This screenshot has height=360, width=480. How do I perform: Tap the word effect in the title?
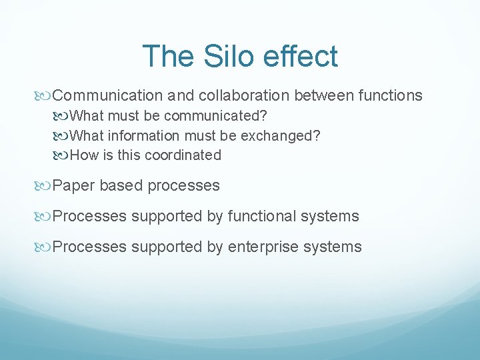pyautogui.click(x=299, y=56)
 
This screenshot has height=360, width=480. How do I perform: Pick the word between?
pyautogui.click(x=323, y=96)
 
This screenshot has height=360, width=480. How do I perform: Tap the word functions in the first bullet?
pyautogui.click(x=390, y=96)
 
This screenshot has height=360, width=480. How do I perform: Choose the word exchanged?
pyautogui.click(x=281, y=136)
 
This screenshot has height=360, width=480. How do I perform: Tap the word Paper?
pyautogui.click(x=74, y=186)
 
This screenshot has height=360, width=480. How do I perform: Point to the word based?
pyautogui.click(x=121, y=186)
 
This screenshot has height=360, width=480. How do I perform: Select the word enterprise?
pyautogui.click(x=263, y=247)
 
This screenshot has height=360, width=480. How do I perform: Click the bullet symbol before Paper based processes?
pyautogui.click(x=45, y=186)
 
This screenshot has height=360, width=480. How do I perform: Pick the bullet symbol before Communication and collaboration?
pyautogui.click(x=45, y=96)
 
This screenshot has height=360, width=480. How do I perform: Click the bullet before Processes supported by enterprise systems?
pyautogui.click(x=45, y=247)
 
